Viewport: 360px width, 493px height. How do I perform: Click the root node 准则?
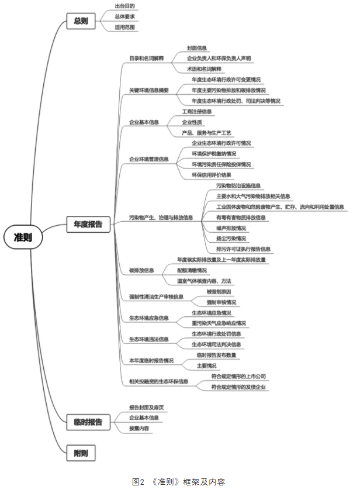(x=23, y=237)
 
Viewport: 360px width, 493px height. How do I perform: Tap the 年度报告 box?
(x=88, y=223)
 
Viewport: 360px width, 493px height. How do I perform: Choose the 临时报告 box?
(x=88, y=422)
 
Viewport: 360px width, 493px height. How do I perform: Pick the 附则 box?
(x=81, y=453)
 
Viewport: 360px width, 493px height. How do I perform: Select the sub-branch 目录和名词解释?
(x=146, y=58)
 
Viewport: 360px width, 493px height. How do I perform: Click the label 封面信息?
(x=197, y=48)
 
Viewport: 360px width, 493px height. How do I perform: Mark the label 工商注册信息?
(x=196, y=112)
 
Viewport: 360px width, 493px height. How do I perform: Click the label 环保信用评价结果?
(x=212, y=175)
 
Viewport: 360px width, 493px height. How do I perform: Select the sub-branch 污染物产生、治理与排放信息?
(x=161, y=218)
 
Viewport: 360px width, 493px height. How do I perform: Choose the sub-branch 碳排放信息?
(x=141, y=270)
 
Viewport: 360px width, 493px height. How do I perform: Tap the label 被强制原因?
(x=219, y=291)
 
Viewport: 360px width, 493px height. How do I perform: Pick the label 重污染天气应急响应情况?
(x=219, y=323)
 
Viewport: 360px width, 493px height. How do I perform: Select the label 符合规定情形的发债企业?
(x=238, y=387)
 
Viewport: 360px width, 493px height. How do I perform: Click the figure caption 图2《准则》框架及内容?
(x=179, y=482)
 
